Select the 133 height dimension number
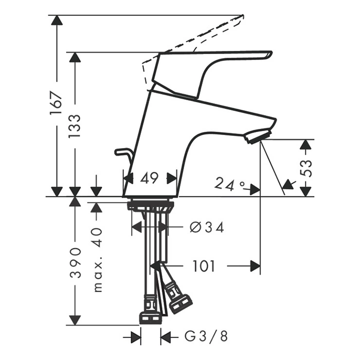tap(75, 126)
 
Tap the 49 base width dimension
tap(150, 178)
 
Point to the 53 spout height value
tap(307, 168)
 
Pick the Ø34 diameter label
tap(207, 227)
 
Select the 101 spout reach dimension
tap(204, 266)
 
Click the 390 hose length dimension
tap(75, 263)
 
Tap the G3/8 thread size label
tap(206, 336)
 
